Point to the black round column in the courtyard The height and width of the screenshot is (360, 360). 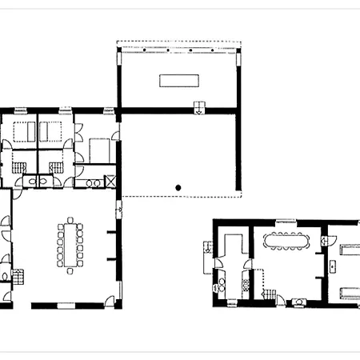(179, 188)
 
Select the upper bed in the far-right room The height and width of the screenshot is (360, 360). (350, 250)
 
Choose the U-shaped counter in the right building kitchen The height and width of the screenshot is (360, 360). (233, 248)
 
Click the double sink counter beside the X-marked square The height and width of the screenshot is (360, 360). (94, 182)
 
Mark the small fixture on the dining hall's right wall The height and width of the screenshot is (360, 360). (119, 211)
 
